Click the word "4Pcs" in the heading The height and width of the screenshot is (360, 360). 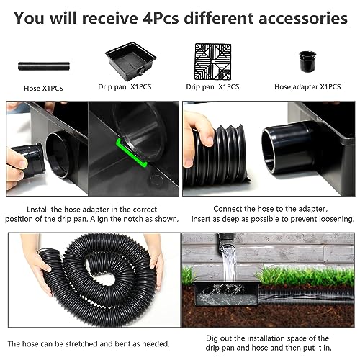tap(161, 19)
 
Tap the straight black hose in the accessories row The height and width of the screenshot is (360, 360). tap(44, 66)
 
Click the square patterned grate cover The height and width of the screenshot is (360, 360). tap(212, 61)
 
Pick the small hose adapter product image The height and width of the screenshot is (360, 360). tap(307, 61)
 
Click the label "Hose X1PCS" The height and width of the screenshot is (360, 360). tap(43, 89)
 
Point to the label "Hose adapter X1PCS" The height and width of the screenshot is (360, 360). tap(307, 86)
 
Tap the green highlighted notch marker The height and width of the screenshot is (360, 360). tap(131, 153)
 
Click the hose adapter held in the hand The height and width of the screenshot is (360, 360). tap(30, 158)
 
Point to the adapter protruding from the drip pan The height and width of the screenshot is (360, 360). tap(288, 147)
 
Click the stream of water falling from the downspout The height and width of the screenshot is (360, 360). tap(229, 264)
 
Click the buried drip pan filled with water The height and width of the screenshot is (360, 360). tap(227, 294)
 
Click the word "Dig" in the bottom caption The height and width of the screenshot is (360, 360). tap(212, 339)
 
